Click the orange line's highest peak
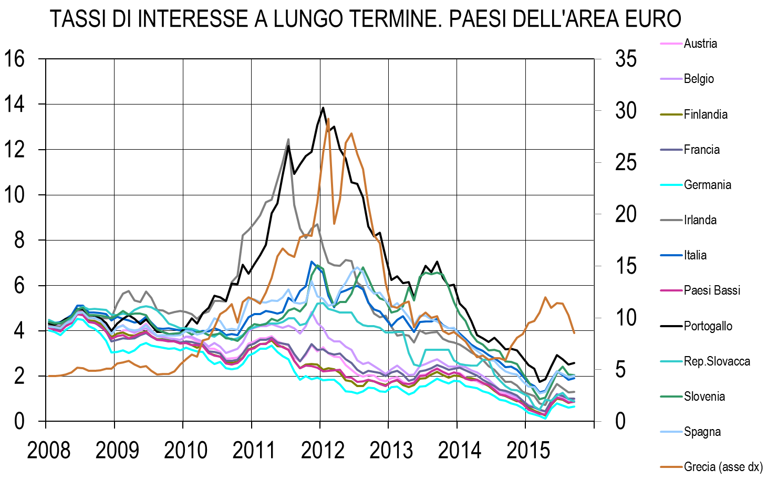328,119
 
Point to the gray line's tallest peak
288,139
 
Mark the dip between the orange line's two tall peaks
334,223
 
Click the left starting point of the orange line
48,376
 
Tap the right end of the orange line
574,333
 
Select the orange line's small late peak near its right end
545,297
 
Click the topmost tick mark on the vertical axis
597,59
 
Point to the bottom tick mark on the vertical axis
597,421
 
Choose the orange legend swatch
671,466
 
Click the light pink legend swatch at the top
671,44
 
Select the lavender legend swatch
671,79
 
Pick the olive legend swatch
671,114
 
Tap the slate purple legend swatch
671,150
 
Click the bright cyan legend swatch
671,185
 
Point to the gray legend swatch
671,220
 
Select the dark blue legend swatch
671,255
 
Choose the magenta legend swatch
671,290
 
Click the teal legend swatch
671,361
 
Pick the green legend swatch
671,397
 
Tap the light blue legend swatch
671,432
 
